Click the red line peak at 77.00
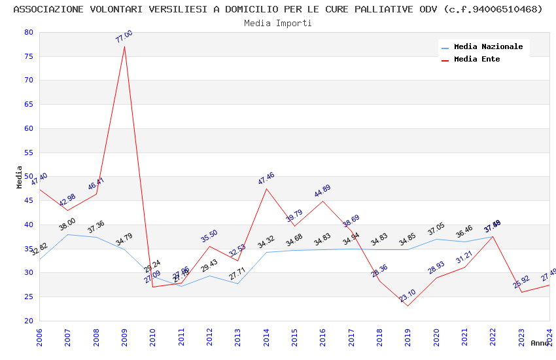click(124, 46)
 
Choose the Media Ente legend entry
click(477, 60)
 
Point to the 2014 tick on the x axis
click(266, 321)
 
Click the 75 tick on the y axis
click(28, 56)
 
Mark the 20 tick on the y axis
click(28, 321)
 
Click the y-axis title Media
click(20, 177)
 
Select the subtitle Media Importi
click(278, 24)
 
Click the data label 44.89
click(322, 191)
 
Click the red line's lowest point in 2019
click(408, 306)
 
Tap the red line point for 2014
click(266, 189)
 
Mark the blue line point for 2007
click(67, 234)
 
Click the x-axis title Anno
click(540, 343)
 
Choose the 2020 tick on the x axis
click(436, 321)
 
